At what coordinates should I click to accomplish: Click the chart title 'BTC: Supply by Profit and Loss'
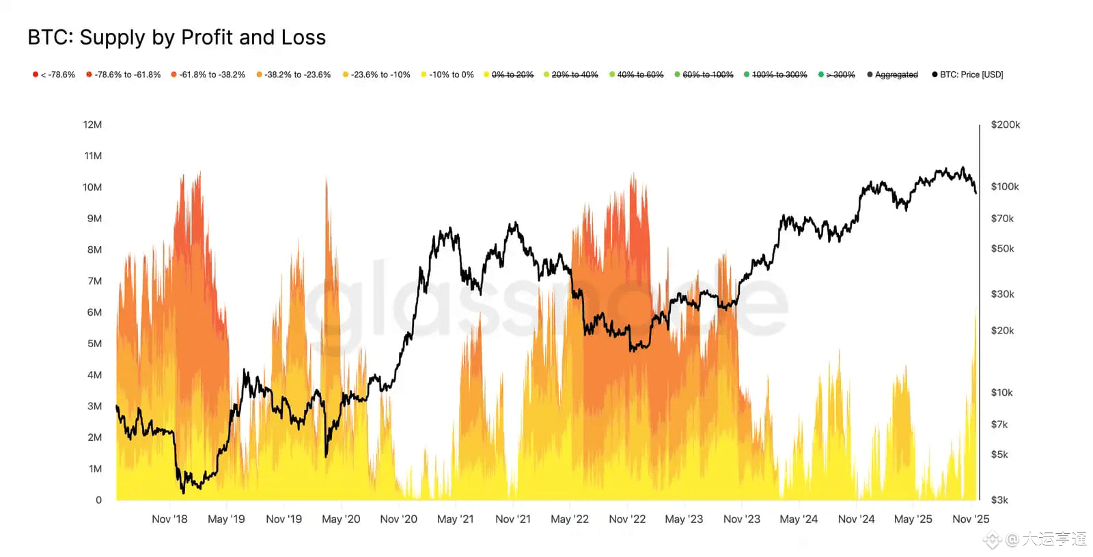pyautogui.click(x=176, y=38)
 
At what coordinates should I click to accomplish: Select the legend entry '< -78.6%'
pyautogui.click(x=55, y=74)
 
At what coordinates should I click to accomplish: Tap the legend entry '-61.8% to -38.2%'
pyautogui.click(x=209, y=74)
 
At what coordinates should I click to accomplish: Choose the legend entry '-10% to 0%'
pyautogui.click(x=448, y=74)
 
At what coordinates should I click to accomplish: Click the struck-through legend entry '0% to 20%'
pyautogui.click(x=510, y=74)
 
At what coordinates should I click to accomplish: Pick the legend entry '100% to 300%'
pyautogui.click(x=777, y=74)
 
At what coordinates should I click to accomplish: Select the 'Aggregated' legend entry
pyautogui.click(x=894, y=74)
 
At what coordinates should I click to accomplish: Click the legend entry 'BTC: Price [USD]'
pyautogui.click(x=969, y=74)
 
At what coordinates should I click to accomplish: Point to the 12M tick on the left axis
pyautogui.click(x=92, y=124)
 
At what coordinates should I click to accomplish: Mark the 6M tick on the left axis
pyautogui.click(x=94, y=312)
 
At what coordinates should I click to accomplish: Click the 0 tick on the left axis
pyautogui.click(x=98, y=500)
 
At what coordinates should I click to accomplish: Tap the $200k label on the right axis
pyautogui.click(x=1005, y=124)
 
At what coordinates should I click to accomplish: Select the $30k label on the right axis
pyautogui.click(x=1002, y=294)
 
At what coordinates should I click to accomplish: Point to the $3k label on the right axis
pyautogui.click(x=999, y=500)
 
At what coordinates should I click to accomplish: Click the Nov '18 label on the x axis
pyautogui.click(x=169, y=519)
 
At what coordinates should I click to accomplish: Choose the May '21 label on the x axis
pyautogui.click(x=455, y=519)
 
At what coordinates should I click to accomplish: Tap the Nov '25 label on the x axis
pyautogui.click(x=970, y=519)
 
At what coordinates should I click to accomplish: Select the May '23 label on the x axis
pyautogui.click(x=684, y=519)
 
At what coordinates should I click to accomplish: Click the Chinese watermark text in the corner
pyautogui.click(x=1045, y=539)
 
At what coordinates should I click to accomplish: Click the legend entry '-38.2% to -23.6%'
pyautogui.click(x=294, y=74)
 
